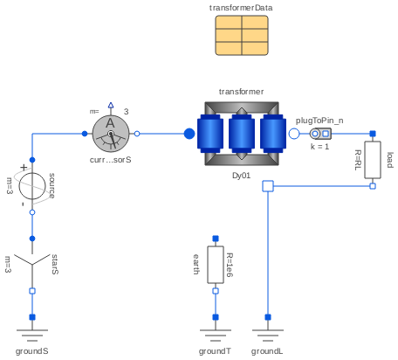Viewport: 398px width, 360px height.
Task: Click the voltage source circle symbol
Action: tap(32, 185)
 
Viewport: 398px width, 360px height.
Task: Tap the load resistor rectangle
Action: tap(373, 160)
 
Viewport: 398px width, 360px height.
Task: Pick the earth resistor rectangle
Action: tap(215, 264)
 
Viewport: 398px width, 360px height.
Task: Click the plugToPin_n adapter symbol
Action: tap(320, 134)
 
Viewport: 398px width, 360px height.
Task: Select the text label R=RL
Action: tap(358, 159)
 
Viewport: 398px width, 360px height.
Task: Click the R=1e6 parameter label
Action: tap(230, 264)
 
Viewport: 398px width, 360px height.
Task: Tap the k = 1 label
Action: tap(319, 146)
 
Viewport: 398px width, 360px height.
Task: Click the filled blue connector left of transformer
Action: tap(189, 134)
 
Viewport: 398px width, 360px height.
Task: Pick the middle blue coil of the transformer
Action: tap(241, 134)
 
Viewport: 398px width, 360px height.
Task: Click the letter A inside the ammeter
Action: tap(110, 124)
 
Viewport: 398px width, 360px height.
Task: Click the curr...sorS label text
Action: tap(110, 161)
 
